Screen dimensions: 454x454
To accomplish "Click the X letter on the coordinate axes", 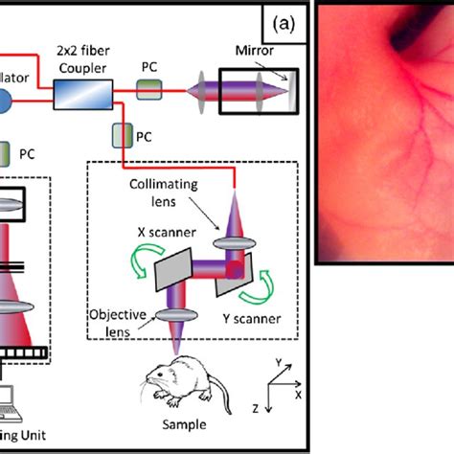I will click(x=300, y=394).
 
